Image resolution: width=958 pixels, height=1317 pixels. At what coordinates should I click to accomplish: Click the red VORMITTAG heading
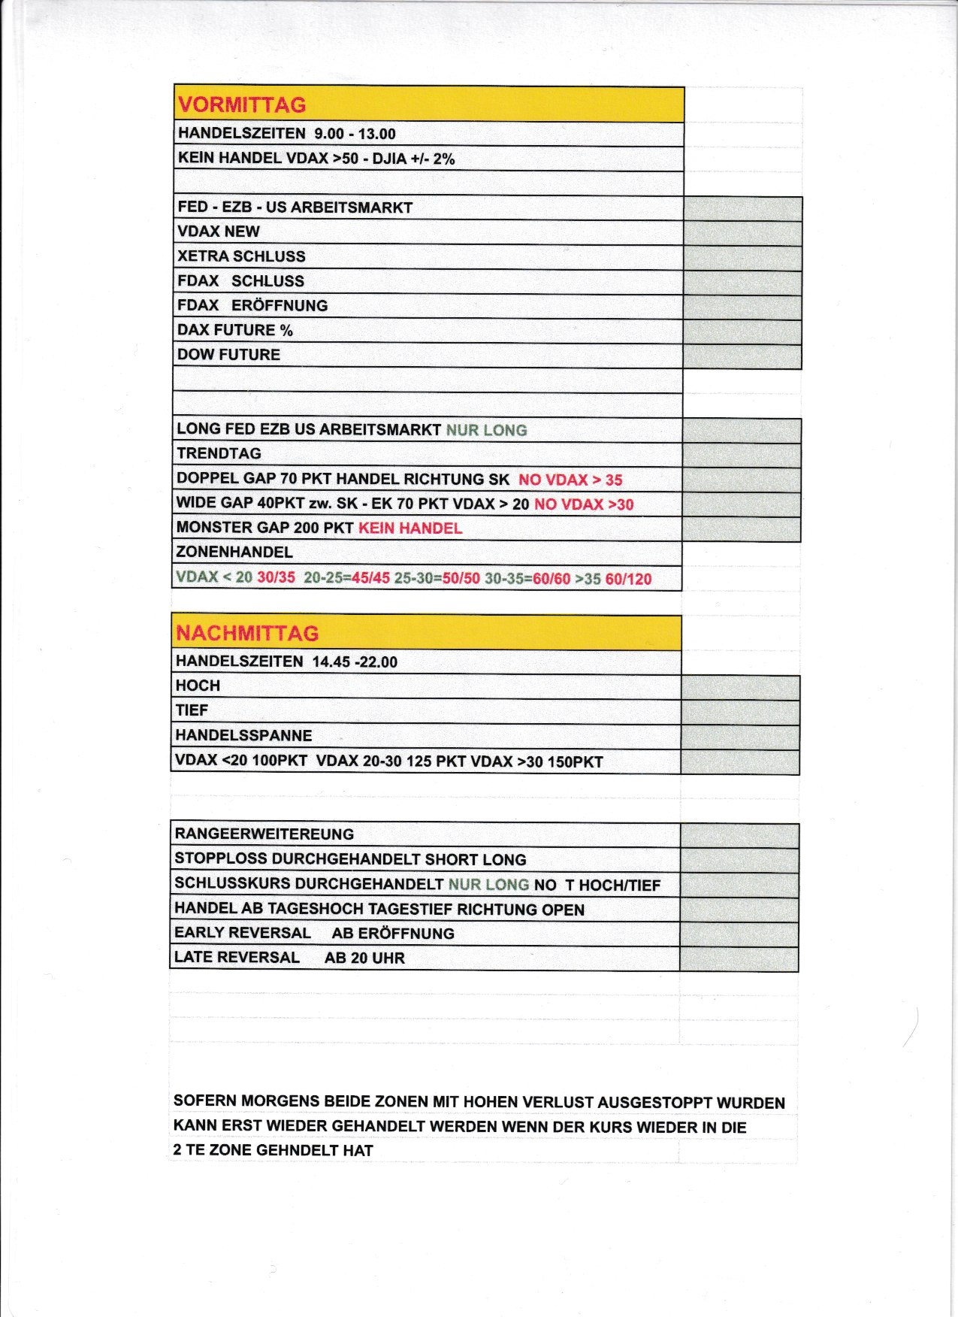click(242, 104)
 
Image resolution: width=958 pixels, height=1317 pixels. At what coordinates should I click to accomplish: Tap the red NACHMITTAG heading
click(247, 633)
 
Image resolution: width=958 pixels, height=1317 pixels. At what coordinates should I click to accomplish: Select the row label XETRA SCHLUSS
click(241, 256)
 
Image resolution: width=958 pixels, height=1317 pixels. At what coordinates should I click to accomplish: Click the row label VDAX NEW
click(219, 232)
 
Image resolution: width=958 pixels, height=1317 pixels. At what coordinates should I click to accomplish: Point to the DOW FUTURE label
click(228, 355)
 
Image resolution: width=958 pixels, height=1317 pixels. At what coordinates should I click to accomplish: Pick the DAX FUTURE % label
click(234, 330)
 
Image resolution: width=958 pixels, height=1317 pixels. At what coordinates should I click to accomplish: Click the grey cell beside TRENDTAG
click(741, 455)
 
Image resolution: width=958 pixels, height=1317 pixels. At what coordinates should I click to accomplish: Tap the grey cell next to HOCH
click(740, 687)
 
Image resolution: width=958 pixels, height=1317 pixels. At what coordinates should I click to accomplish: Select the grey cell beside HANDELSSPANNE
click(740, 737)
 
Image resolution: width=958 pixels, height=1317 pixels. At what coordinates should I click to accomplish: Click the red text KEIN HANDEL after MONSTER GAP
click(410, 528)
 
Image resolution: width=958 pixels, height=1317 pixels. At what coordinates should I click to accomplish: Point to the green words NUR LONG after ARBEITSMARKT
click(486, 430)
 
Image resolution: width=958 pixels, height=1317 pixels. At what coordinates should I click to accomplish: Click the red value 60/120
click(628, 579)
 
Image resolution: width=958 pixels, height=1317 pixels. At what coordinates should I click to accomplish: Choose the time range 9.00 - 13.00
click(355, 134)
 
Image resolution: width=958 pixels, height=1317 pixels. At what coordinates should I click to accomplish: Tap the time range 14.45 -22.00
click(355, 662)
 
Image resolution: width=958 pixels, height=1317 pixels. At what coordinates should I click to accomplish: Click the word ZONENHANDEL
click(234, 553)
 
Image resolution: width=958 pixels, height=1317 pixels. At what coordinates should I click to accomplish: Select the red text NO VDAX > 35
click(570, 480)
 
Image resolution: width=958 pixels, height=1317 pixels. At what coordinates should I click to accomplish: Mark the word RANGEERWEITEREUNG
click(264, 834)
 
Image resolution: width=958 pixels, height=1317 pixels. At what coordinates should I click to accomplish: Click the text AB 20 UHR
click(364, 958)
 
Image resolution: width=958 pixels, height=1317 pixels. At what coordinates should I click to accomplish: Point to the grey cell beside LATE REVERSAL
click(739, 959)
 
